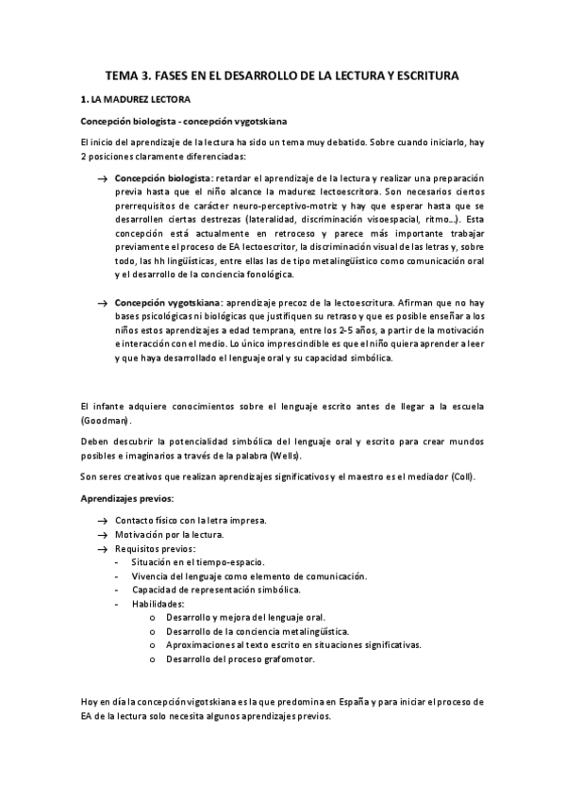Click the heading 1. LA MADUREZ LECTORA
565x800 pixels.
click(135, 98)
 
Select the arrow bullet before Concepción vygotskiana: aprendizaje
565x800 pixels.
click(101, 302)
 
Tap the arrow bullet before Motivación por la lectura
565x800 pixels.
click(101, 534)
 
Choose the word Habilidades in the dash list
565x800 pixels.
click(158, 603)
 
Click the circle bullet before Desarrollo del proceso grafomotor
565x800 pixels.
click(153, 658)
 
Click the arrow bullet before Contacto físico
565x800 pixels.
click(101, 520)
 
